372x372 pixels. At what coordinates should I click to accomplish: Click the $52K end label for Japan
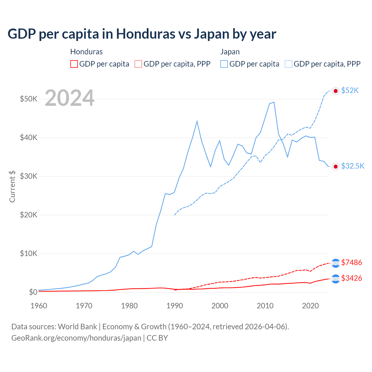(350, 91)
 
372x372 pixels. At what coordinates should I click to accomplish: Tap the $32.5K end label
(353, 166)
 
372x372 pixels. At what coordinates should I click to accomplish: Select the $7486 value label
(352, 263)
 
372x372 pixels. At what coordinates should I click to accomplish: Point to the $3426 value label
(352, 278)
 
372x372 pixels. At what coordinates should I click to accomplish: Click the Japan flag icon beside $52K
(336, 91)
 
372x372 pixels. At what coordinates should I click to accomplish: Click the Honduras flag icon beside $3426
(336, 279)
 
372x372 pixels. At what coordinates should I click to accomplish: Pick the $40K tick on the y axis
(28, 137)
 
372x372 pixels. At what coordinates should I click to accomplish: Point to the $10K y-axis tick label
(28, 253)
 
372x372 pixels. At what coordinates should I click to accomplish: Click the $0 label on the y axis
(33, 292)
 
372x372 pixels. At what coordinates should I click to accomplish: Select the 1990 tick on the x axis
(175, 306)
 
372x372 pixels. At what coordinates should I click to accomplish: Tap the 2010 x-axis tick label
(265, 306)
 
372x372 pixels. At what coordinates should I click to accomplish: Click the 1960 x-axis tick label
(39, 306)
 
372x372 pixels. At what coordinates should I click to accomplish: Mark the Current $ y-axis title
(12, 187)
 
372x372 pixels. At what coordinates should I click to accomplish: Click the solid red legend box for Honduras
(74, 64)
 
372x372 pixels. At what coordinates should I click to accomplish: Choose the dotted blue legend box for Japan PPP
(289, 64)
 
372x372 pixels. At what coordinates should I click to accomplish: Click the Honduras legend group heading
(86, 52)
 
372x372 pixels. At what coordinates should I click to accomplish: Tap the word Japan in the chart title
(212, 34)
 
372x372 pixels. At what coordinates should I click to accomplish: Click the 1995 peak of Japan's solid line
(197, 121)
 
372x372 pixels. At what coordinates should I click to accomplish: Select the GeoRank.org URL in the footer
(76, 338)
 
